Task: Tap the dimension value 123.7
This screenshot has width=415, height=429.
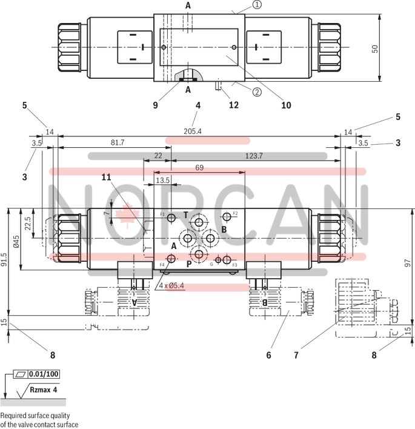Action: coord(254,156)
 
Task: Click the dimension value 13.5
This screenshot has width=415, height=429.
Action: coord(162,181)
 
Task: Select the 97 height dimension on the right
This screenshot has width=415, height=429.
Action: coord(408,263)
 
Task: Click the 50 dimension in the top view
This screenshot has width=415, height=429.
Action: coord(375,48)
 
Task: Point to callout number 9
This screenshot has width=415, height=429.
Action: coord(155,105)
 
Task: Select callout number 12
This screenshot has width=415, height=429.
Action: coord(233,105)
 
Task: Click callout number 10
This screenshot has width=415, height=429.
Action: coord(286,105)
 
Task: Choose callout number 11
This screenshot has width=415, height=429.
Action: coord(107,177)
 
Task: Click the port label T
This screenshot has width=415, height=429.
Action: coord(186,215)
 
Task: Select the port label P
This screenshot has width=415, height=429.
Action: coord(188,264)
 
